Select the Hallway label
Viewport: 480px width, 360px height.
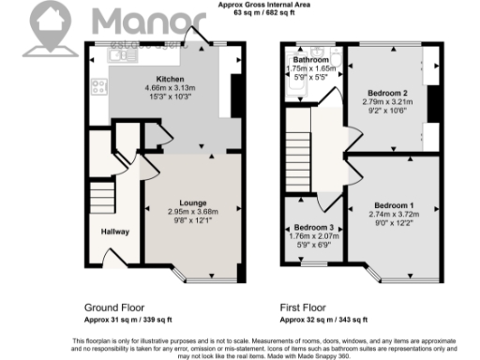point(115,232)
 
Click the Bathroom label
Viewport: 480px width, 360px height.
point(311,61)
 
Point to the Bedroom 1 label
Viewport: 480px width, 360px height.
point(394,205)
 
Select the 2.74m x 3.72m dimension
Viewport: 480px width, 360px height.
point(394,215)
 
